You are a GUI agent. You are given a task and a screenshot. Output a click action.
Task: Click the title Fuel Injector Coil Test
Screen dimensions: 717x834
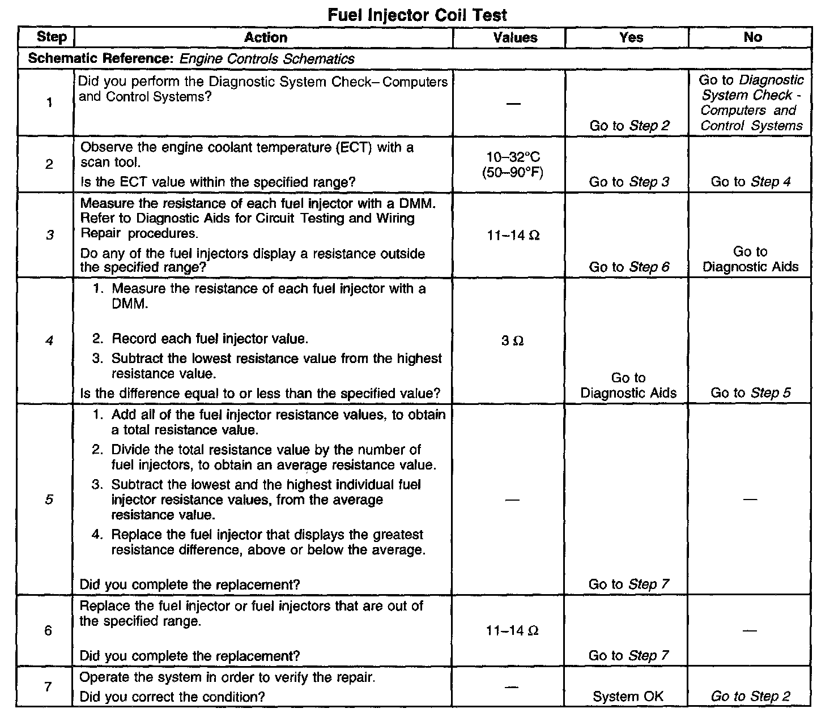(418, 15)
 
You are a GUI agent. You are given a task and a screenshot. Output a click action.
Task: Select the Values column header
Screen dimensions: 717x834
(515, 37)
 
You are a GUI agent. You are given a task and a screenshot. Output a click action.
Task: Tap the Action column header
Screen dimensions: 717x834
(265, 37)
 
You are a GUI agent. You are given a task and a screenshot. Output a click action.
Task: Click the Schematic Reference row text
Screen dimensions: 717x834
(191, 59)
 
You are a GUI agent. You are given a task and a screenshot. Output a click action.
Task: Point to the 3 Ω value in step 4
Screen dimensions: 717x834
(512, 341)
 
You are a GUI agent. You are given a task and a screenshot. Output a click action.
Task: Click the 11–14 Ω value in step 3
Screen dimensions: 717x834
(513, 235)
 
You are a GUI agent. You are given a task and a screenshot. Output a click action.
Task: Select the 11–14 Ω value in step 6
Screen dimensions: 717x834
(512, 630)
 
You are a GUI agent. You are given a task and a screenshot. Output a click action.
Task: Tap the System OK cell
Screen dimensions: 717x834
(628, 697)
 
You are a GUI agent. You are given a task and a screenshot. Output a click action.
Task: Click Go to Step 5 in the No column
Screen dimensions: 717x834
(750, 393)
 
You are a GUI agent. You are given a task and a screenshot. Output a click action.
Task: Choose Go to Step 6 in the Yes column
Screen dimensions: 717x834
(629, 267)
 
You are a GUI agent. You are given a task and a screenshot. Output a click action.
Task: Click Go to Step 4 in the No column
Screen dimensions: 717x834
(750, 182)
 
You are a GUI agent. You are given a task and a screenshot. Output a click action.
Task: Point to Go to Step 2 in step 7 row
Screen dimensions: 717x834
(750, 697)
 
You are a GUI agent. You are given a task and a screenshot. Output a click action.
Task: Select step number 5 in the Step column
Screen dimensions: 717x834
(49, 500)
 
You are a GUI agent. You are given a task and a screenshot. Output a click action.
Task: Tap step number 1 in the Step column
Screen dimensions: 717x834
(49, 103)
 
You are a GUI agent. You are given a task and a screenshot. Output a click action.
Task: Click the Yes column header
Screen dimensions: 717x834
(631, 37)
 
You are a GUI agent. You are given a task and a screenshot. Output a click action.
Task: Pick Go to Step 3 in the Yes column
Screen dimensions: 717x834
(629, 182)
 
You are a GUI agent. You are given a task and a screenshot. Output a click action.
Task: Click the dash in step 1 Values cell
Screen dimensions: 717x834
(513, 104)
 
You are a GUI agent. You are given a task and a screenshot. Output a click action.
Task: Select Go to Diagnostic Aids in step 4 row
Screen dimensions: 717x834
(628, 386)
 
